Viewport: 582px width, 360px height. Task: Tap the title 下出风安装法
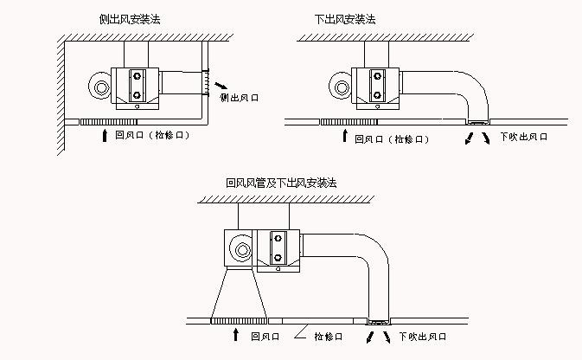pos(345,18)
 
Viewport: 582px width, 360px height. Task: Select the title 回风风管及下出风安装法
pos(280,183)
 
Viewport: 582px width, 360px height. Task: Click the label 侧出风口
pos(240,99)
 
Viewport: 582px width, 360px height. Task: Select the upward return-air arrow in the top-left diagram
pos(106,136)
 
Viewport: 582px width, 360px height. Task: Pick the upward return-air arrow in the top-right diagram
pos(345,136)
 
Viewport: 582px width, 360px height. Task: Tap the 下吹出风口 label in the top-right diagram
pos(524,137)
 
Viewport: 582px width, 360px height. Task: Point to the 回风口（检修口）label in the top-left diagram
pos(151,136)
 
